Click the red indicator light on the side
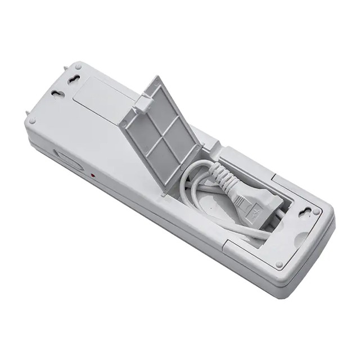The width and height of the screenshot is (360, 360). coord(93,175)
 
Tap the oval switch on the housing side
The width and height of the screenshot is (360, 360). coord(69,160)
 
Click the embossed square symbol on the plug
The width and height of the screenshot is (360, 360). coord(255,211)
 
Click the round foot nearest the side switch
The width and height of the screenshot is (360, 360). coord(32,120)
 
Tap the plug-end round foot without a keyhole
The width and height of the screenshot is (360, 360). coord(280,264)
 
